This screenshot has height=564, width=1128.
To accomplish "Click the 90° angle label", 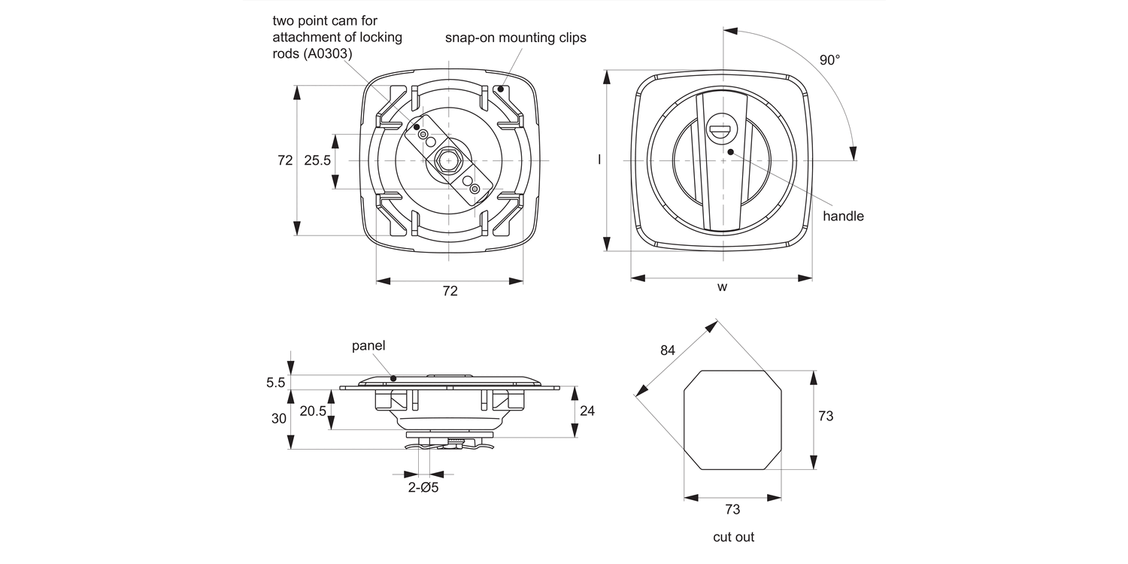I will pos(829,60).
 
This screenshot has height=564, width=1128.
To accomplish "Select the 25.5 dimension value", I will pos(317,160).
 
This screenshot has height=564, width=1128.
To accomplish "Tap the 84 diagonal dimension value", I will pos(667,350).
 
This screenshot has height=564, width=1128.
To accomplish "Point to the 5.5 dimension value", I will pos(275,383).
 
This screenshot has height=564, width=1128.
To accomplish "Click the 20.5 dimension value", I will pos(313,411).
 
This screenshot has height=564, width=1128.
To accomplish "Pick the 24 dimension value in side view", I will pos(588,411).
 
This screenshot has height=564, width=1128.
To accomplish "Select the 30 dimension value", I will pos(278,418).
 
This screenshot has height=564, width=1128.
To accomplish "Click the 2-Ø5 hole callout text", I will pos(423,488).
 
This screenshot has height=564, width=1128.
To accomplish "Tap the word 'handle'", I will pos(843,216).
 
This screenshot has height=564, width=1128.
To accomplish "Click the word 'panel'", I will pos(368,346).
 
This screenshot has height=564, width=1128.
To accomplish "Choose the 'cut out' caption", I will pos(733,537).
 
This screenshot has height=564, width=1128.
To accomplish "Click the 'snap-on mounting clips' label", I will pos(515,37).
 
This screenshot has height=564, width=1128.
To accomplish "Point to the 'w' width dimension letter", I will pos(722,287).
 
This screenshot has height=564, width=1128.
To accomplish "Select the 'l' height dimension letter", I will pos(599,160).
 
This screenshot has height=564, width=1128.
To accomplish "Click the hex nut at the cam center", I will pos(449,160).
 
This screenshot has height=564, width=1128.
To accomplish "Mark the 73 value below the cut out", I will pos(732,509).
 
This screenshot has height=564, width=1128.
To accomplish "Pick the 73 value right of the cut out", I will pos(826,416).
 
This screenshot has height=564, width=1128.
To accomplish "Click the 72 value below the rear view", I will pos(450,291).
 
